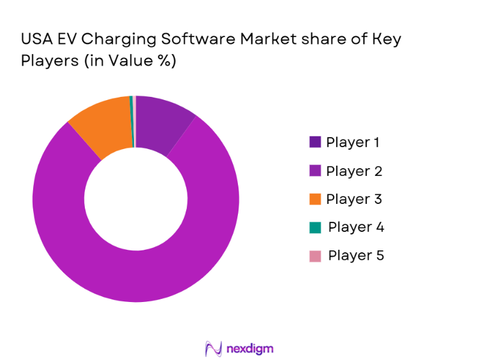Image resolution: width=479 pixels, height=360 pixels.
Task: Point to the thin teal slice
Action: pyautogui.click(x=131, y=121)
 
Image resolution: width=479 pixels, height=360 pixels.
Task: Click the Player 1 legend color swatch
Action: pyautogui.click(x=315, y=143)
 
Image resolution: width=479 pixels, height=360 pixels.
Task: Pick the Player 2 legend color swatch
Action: pyautogui.click(x=315, y=171)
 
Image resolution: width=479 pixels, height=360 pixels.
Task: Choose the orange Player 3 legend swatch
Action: pyautogui.click(x=315, y=199)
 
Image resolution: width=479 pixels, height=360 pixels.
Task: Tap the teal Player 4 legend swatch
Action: pyautogui.click(x=315, y=227)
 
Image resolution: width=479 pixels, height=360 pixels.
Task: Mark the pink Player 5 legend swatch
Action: pyautogui.click(x=315, y=256)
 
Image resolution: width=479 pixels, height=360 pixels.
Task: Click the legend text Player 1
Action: pyautogui.click(x=353, y=143)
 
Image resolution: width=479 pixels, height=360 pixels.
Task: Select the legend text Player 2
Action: pyautogui.click(x=354, y=171)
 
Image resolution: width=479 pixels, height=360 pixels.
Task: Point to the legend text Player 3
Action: pyautogui.click(x=354, y=199)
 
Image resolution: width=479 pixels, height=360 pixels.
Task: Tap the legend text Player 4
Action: pyautogui.click(x=356, y=227)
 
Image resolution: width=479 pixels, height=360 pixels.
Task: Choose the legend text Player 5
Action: pyautogui.click(x=356, y=256)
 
